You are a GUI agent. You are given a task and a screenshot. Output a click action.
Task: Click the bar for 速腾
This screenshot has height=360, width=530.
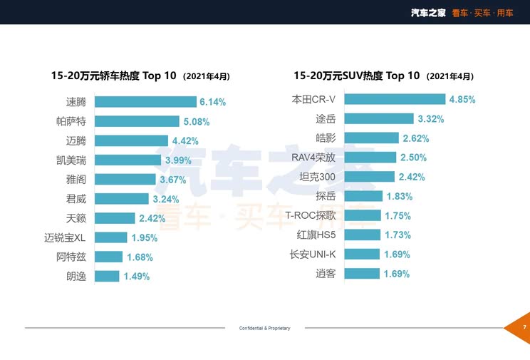[145, 102]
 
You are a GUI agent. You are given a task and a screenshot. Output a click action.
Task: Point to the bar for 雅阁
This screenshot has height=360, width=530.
[125, 180]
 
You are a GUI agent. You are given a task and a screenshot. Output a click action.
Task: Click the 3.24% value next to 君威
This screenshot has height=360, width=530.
[165, 199]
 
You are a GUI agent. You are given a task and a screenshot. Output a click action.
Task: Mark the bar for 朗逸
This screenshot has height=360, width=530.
[107, 276]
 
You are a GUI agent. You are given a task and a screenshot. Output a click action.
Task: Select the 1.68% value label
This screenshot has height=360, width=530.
[139, 257]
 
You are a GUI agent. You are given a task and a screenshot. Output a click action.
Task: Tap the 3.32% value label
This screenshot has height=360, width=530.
[430, 118]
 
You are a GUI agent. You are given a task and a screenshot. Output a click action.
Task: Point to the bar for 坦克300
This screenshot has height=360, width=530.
[369, 176]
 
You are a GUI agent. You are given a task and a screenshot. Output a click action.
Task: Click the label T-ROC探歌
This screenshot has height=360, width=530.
[311, 215]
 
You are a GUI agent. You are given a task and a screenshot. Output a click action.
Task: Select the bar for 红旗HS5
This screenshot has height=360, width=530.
[361, 235]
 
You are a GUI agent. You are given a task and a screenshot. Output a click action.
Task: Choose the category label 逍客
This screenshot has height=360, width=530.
[326, 273]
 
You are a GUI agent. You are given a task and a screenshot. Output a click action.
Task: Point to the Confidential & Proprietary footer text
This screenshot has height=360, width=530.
[264, 328]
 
